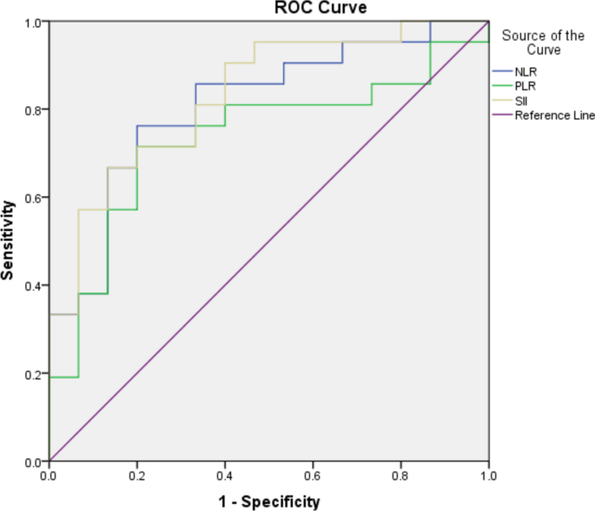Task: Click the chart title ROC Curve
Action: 268,8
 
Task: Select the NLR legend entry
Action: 524,71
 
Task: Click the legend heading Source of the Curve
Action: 542,43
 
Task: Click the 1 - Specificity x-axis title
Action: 268,500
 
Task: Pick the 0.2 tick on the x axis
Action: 137,476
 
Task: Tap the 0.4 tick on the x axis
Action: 225,476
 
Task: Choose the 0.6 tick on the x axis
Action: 313,476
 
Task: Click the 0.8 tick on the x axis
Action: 400,476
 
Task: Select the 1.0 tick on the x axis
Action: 488,476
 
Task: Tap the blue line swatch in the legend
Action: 501,71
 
